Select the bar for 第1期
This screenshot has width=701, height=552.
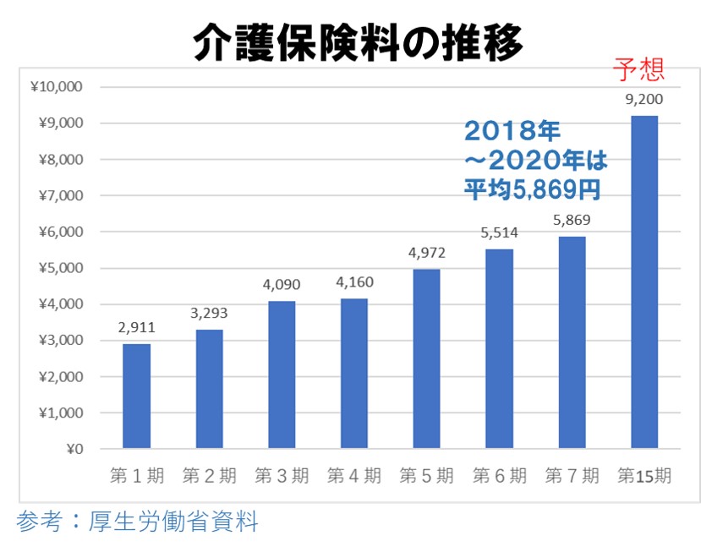(136, 396)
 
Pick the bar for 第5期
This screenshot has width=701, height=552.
(427, 358)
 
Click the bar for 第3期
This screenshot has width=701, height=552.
(282, 374)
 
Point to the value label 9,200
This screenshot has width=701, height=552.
(644, 99)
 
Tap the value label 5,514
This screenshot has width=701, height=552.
(499, 232)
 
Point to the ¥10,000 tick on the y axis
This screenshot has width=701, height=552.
(57, 87)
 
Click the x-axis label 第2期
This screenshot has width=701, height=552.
(209, 475)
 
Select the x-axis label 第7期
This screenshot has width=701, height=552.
(572, 475)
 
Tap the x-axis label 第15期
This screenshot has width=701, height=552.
(644, 475)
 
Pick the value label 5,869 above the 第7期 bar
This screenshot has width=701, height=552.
(572, 220)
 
